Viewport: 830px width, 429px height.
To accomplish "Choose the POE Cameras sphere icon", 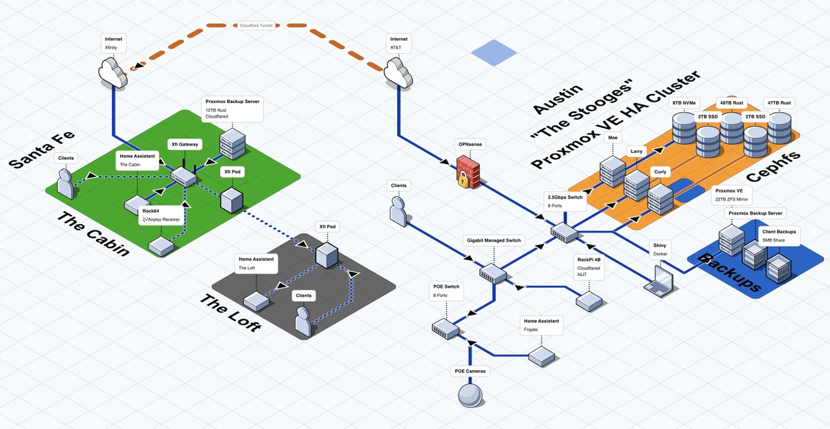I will coord(470,396).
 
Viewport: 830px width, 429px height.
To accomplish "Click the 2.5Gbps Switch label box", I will coord(564,201).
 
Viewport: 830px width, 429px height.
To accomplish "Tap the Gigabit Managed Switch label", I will coord(493,240).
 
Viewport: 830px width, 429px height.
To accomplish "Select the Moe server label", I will coord(613,138).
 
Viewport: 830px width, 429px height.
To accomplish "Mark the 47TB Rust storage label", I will coord(779,103).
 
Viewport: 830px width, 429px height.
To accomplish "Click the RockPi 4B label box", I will coord(589,266).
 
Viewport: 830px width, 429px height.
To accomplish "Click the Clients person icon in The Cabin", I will coord(65,184).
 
